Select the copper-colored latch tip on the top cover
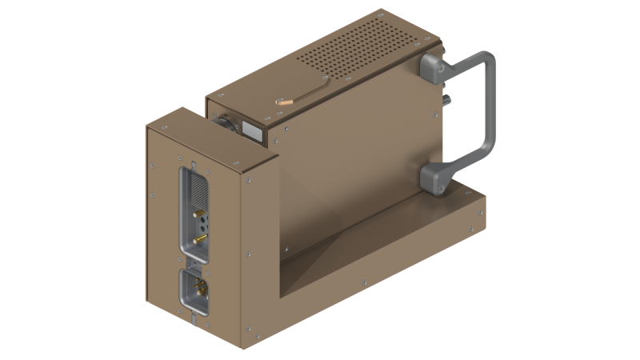click(284, 102)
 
